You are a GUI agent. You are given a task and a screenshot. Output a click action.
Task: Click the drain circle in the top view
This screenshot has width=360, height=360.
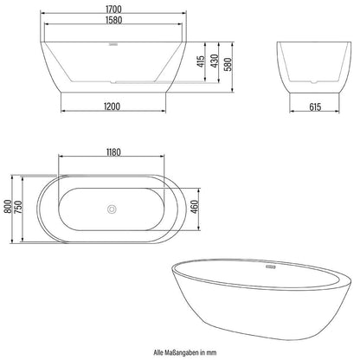point(110,209)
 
